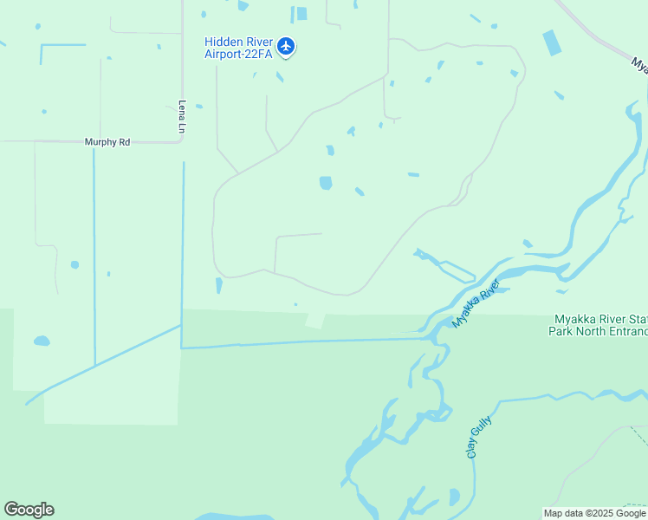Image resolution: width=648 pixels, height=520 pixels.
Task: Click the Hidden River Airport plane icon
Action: [x=287, y=47]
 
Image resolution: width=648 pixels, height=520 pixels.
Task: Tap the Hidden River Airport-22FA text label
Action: [x=238, y=48]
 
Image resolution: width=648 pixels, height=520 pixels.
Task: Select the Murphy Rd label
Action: [x=107, y=141]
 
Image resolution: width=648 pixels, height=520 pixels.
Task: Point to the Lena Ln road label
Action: [x=182, y=116]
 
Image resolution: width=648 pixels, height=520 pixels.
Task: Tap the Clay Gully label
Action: [x=473, y=441]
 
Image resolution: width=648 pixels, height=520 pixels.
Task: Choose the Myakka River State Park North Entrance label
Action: [x=599, y=326]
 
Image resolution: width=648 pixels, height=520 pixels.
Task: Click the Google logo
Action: [x=29, y=510]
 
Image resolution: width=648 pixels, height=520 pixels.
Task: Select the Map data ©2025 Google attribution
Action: [x=594, y=513]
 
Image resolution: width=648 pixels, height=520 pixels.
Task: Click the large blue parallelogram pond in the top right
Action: [x=552, y=42]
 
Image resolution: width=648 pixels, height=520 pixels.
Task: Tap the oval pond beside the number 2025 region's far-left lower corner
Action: [x=42, y=341]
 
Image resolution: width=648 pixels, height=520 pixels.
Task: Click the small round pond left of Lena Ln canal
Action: [x=75, y=264]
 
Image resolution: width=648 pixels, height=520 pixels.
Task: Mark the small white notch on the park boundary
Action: [x=315, y=321]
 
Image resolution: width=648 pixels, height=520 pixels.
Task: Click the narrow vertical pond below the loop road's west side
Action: [x=218, y=285]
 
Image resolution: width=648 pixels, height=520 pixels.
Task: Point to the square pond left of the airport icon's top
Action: [x=301, y=13]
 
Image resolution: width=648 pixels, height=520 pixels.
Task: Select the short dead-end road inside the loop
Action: [x=298, y=234]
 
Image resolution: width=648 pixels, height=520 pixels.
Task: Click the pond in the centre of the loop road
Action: [x=326, y=183]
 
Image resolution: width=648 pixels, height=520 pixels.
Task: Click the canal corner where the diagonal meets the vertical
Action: [x=181, y=327]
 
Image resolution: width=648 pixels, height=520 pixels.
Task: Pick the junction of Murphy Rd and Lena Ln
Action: [x=181, y=141]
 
